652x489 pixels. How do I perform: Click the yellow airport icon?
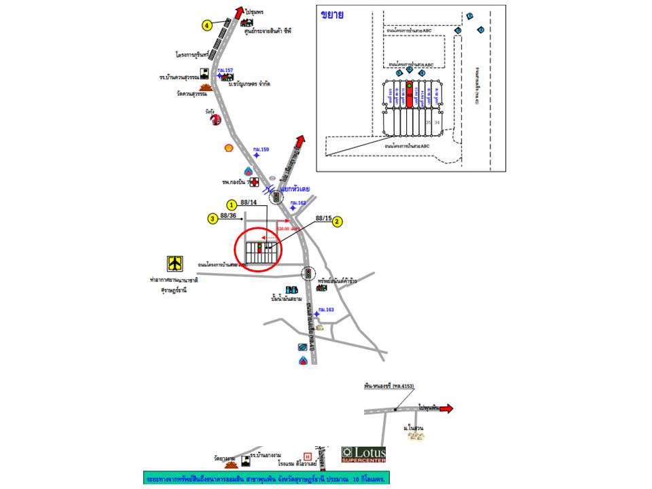[x=176, y=263]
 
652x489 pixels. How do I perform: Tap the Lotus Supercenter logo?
[x=363, y=454]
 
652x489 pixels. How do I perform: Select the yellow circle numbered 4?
[x=206, y=25]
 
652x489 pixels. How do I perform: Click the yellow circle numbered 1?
[x=232, y=204]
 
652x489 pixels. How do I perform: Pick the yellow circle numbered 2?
[x=338, y=221]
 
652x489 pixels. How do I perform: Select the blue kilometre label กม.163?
[x=327, y=310]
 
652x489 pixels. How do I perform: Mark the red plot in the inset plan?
[x=410, y=96]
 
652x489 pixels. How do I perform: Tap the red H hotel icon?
[x=308, y=456]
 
